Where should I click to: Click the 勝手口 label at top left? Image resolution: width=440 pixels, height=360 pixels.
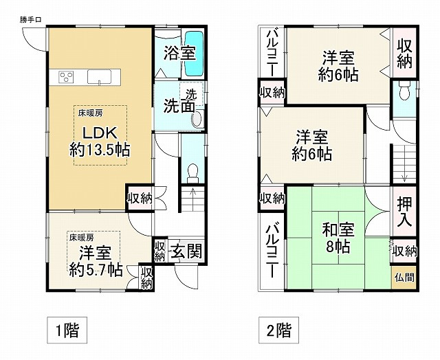click(31, 20)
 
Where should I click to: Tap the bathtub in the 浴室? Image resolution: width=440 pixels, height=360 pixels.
click(194, 54)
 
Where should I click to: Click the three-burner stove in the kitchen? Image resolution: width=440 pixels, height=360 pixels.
click(66, 77)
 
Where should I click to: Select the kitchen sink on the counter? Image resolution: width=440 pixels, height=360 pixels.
click(99, 76)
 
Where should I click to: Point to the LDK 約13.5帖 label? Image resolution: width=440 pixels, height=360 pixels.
click(100, 142)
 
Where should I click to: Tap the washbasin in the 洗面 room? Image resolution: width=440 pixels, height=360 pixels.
click(197, 118)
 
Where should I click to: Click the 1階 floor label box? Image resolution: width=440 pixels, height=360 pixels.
click(67, 330)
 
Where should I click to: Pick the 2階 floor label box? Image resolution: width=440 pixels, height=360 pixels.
click(278, 330)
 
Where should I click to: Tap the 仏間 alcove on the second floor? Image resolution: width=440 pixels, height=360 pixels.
click(404, 278)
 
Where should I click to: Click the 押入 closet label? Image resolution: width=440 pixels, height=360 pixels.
click(404, 212)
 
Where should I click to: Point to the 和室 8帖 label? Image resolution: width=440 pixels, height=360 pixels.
click(338, 238)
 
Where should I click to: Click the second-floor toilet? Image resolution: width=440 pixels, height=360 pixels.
click(404, 90)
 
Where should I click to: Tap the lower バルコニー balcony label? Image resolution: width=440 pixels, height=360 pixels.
click(272, 250)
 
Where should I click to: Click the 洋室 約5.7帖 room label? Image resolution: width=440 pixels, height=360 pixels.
click(96, 261)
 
